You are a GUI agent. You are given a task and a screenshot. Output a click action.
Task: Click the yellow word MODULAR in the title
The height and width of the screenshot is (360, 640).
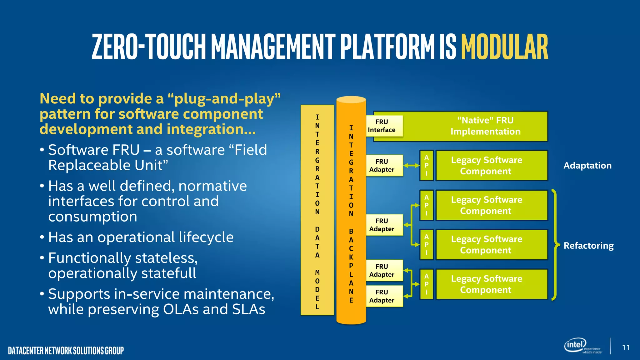pyautogui.click(x=504, y=47)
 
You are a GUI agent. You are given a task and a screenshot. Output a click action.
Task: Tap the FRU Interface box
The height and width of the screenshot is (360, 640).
pyautogui.click(x=384, y=126)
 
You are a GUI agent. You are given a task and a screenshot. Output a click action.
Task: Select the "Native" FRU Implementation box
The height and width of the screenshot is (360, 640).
pyautogui.click(x=485, y=126)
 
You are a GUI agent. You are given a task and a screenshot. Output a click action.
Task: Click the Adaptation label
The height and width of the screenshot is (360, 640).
pyautogui.click(x=587, y=166)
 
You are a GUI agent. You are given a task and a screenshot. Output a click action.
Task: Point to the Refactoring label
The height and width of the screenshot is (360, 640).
pyautogui.click(x=588, y=246)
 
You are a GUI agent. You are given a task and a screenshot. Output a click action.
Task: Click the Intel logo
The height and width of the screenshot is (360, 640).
pyautogui.click(x=575, y=345)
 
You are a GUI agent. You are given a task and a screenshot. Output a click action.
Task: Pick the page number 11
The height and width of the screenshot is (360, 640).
pyautogui.click(x=626, y=347)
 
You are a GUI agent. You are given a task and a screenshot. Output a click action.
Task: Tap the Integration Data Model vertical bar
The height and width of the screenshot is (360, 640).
pyautogui.click(x=317, y=210)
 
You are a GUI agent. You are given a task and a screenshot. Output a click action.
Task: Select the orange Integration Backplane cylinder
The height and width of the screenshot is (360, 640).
pyautogui.click(x=351, y=210)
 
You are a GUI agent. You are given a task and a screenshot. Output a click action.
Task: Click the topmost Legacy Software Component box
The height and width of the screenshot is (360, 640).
pyautogui.click(x=492, y=166)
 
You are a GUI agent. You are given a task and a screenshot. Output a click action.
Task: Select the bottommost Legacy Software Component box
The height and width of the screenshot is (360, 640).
pyautogui.click(x=492, y=284)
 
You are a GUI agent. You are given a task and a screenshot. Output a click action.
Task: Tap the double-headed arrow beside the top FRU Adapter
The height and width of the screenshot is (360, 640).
pyautogui.click(x=411, y=166)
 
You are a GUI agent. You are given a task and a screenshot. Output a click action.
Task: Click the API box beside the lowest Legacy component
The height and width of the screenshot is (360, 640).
pyautogui.click(x=427, y=284)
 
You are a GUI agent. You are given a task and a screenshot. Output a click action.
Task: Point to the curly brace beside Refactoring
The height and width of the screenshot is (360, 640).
pyautogui.click(x=555, y=245)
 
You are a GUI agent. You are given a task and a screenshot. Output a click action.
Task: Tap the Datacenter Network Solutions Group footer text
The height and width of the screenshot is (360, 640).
pyautogui.click(x=66, y=351)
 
